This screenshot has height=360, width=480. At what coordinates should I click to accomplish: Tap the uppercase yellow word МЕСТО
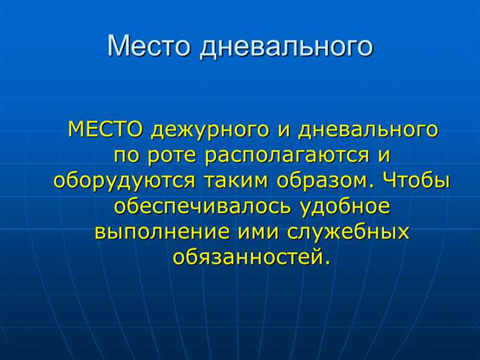(106, 130)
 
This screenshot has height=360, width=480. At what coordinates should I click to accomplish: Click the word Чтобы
(417, 180)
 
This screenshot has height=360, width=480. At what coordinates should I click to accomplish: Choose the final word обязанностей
(253, 258)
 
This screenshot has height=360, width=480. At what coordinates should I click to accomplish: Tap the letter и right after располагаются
(382, 155)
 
